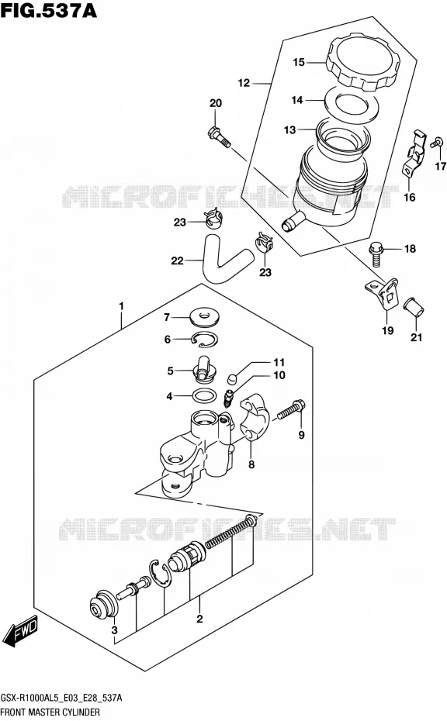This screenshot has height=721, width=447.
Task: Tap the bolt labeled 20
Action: [220, 137]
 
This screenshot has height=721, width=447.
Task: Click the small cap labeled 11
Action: [233, 379]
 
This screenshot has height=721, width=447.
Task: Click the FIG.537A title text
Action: [49, 10]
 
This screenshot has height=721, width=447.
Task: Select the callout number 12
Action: [244, 83]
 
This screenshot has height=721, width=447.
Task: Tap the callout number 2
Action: [199, 619]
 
